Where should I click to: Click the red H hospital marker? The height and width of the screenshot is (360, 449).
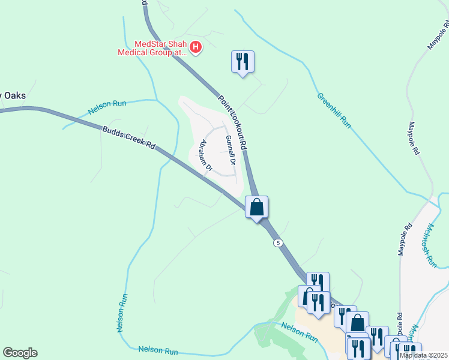click(x=195, y=47)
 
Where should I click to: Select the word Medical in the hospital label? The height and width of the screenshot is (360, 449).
click(x=134, y=52)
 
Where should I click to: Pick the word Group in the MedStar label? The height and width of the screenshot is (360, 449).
click(x=162, y=52)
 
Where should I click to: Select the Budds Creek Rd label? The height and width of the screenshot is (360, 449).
click(x=128, y=138)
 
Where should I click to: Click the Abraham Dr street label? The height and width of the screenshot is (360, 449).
click(x=206, y=155)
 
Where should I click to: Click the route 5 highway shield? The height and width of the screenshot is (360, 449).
click(x=277, y=242)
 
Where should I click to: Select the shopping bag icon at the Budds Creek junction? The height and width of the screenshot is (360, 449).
click(x=256, y=208)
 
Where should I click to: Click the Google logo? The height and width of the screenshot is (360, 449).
click(x=20, y=353)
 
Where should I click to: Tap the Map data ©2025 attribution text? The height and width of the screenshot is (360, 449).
click(x=423, y=355)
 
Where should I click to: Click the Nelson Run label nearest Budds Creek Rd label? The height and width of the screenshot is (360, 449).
click(x=107, y=107)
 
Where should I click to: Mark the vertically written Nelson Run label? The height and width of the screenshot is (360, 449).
click(x=120, y=313)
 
